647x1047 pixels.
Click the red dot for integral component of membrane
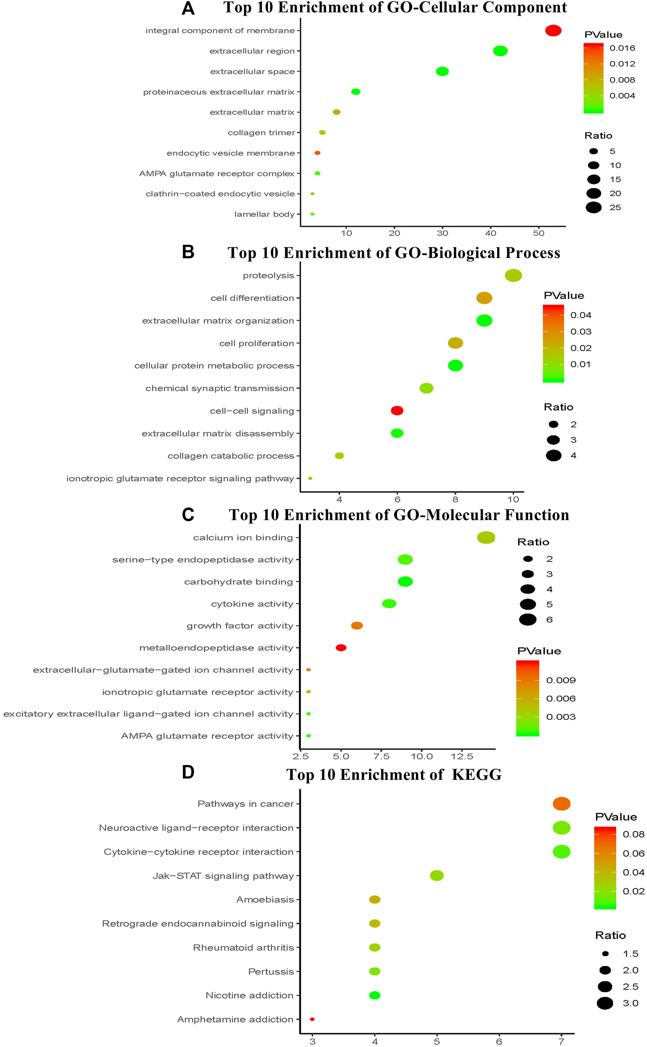[553, 31]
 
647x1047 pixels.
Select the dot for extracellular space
[442, 71]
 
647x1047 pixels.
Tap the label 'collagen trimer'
[261, 132]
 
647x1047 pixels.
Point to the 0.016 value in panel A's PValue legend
[622, 48]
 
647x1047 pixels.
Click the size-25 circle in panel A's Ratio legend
[594, 207]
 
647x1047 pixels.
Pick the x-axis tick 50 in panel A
[539, 233]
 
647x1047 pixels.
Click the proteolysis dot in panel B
[513, 276]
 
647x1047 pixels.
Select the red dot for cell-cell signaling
[397, 410]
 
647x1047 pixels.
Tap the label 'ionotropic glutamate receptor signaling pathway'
[180, 479]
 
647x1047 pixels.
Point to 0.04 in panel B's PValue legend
[581, 315]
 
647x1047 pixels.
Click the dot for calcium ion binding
[486, 537]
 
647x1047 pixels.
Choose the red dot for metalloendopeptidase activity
[341, 647]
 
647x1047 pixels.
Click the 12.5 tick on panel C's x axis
[462, 757]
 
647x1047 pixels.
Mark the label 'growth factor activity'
[240, 626]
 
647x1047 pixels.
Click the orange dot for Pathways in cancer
[561, 804]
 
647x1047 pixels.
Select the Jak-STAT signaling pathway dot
[437, 875]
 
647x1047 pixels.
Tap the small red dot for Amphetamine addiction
[312, 1019]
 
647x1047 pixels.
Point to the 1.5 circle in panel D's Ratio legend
[605, 954]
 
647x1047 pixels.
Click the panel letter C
[188, 515]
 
